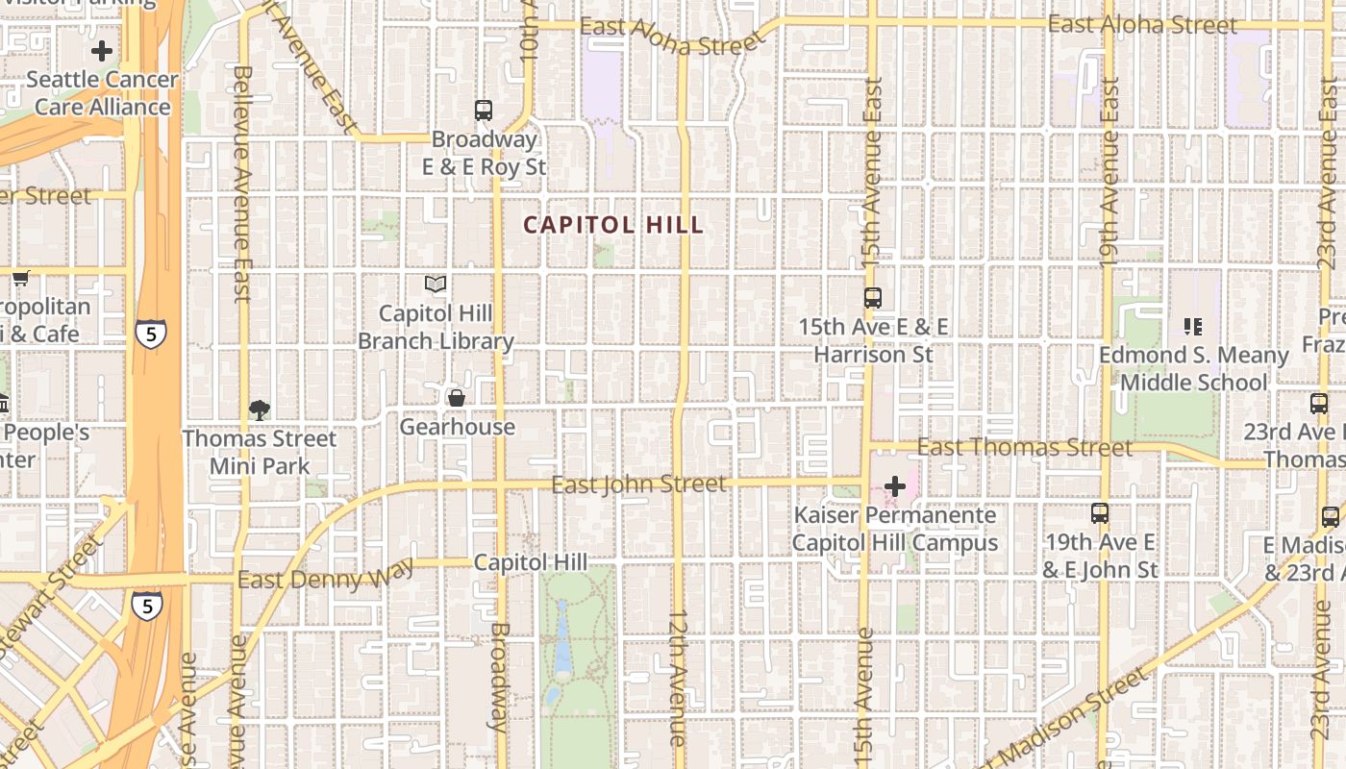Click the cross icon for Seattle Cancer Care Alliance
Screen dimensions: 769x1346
tap(102, 51)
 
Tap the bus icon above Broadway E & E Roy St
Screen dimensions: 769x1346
tap(484, 111)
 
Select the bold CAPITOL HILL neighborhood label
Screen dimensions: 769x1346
tap(613, 225)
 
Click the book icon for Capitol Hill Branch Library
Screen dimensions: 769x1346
tap(436, 285)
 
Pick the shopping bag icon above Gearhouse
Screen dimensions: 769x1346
tap(457, 398)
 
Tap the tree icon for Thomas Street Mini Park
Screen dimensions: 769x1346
tap(259, 410)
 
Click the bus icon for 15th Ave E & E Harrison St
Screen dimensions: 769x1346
tap(873, 298)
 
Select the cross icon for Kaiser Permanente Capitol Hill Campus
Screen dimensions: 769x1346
tap(895, 486)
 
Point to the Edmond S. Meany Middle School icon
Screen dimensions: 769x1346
tap(1193, 327)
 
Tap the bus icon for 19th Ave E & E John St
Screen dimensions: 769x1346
tap(1100, 513)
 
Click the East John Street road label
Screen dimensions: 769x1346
tap(639, 484)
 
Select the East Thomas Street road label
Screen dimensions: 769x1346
tap(1025, 448)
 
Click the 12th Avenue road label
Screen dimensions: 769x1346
tap(678, 677)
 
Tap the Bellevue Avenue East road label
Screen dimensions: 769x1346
tap(241, 183)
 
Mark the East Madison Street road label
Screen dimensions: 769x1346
tap(1067, 716)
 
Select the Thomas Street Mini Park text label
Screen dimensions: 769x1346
tap(260, 453)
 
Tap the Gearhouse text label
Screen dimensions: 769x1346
tap(458, 427)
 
